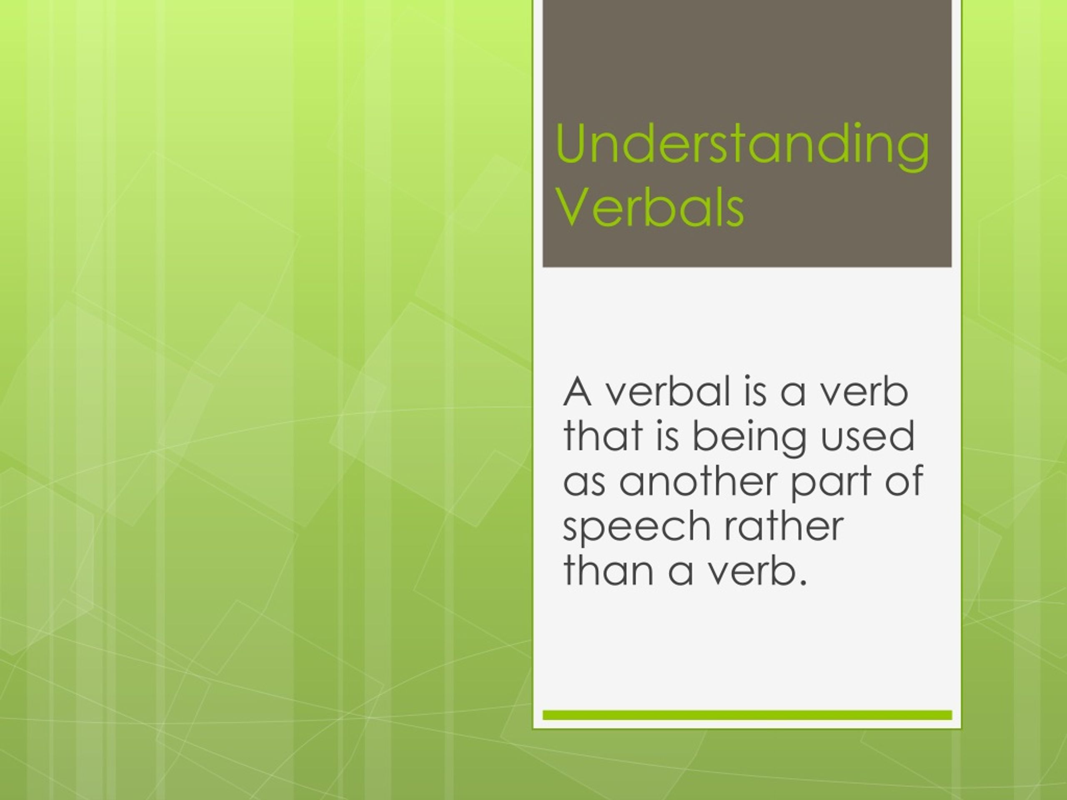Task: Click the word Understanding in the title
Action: (x=742, y=145)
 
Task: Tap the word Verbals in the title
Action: (x=650, y=208)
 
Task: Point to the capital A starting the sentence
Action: (x=577, y=392)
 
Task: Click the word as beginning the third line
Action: (x=584, y=482)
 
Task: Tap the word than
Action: (x=605, y=570)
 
